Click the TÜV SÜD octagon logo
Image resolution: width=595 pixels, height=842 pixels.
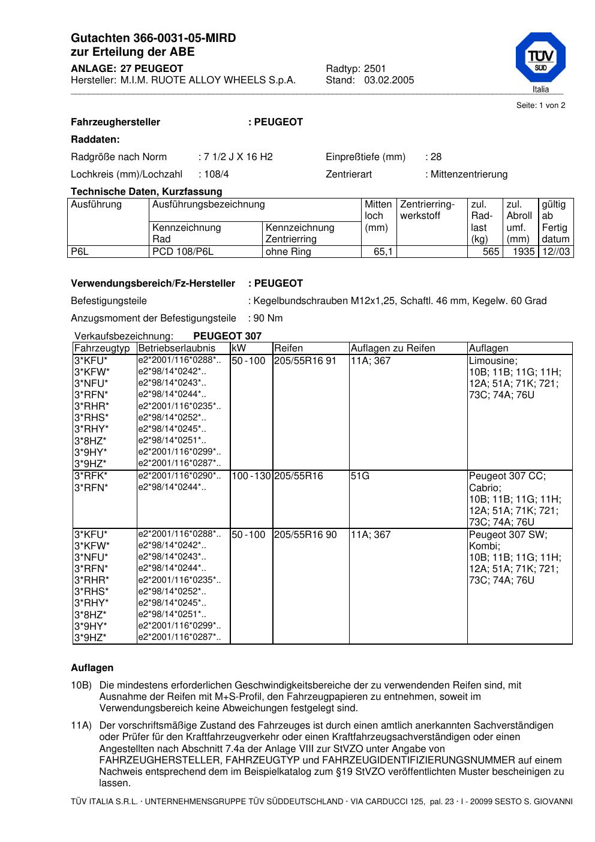pyautogui.click(x=540, y=58)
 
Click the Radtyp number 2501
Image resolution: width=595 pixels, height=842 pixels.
pyautogui.click(x=375, y=69)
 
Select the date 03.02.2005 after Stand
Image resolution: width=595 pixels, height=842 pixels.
pyautogui.click(x=389, y=80)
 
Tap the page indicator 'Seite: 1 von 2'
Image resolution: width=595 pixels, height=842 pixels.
pyautogui.click(x=540, y=106)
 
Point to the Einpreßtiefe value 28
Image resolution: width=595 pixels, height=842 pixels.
pyautogui.click(x=435, y=157)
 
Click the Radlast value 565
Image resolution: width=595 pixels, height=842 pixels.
pyautogui.click(x=491, y=252)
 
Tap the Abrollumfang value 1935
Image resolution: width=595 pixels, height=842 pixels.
pyautogui.click(x=523, y=252)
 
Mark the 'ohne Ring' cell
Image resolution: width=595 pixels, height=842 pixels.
pyautogui.click(x=288, y=252)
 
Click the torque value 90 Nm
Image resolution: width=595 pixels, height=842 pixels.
pyautogui.click(x=268, y=318)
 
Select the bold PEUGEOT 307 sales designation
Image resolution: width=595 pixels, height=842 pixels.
pyautogui.click(x=227, y=336)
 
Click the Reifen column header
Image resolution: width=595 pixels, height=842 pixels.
pyautogui.click(x=289, y=348)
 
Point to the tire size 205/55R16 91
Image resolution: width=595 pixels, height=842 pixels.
pyautogui.click(x=305, y=361)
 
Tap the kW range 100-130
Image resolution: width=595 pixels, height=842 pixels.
pyautogui.click(x=251, y=476)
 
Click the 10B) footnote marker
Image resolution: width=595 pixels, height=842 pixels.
pyautogui.click(x=81, y=685)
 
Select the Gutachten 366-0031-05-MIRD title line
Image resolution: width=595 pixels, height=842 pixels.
pyautogui.click(x=153, y=38)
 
